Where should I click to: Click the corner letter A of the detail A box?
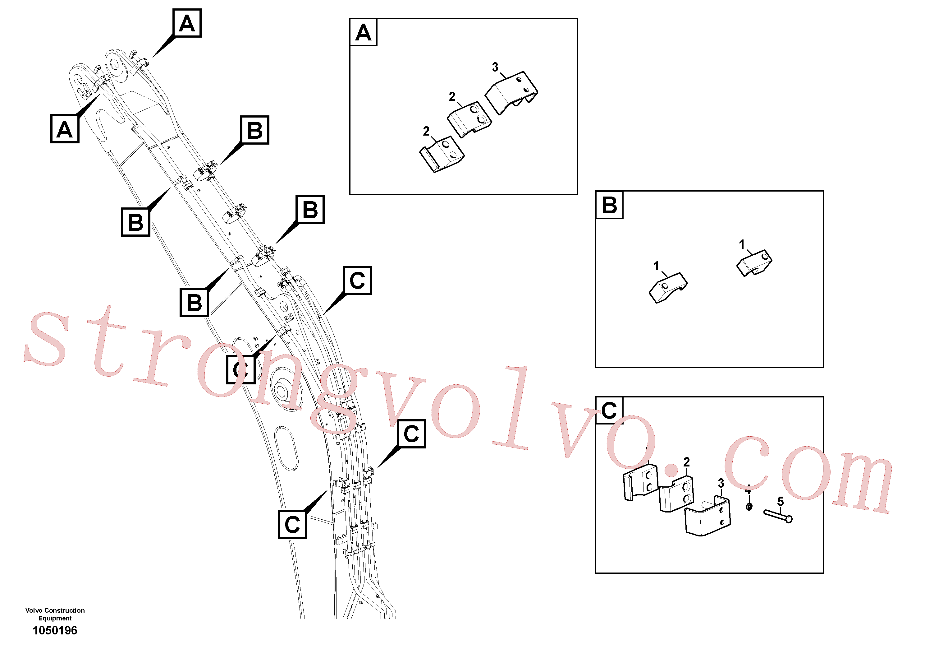click(363, 33)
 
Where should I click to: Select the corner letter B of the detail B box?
click(609, 205)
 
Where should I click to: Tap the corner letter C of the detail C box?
click(609, 410)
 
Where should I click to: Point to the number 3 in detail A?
click(495, 67)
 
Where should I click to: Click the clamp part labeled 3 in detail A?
click(511, 93)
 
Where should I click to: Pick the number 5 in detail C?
click(781, 502)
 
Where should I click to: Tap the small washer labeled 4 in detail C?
click(749, 506)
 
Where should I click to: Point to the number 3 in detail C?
click(721, 483)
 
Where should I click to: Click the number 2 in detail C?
click(686, 462)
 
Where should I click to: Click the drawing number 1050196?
click(55, 630)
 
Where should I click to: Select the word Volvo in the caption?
click(34, 610)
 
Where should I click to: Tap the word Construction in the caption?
click(64, 610)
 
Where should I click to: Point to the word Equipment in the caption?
click(55, 618)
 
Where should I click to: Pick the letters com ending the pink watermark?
click(810, 476)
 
